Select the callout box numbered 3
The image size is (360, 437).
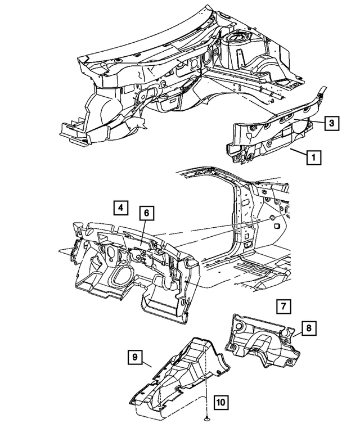coord(332,123)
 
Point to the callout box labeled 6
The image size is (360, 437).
coord(146,213)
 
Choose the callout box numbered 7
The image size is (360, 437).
coord(284,307)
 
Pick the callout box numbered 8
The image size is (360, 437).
coord(309,328)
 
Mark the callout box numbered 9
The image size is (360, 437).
coord(134,356)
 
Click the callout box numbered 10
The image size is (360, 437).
coord(220,402)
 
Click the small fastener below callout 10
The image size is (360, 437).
coord(206,419)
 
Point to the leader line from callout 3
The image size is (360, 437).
coord(317,122)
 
